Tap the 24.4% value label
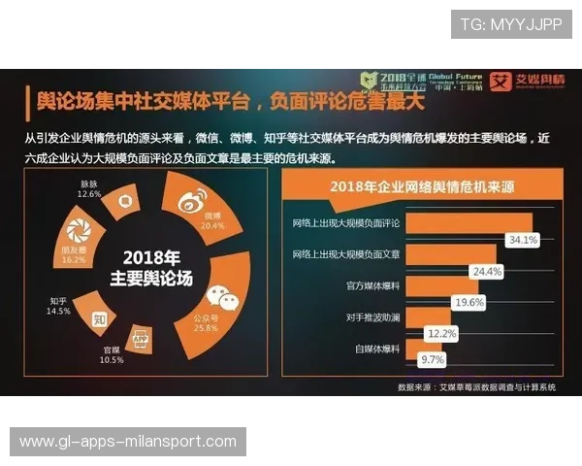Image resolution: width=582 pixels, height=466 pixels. coord(486,271)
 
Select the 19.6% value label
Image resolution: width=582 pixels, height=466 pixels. coord(469,302)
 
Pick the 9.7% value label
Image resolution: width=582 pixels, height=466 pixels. coord(432,359)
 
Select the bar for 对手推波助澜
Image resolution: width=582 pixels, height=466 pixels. coord(412,316)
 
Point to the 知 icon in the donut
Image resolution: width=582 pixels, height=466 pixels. coord(99,317)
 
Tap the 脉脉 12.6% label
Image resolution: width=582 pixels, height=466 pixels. coord(89,188)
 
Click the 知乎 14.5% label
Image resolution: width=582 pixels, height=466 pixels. coord(59,306)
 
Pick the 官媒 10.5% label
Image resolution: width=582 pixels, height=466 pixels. coord(113,355)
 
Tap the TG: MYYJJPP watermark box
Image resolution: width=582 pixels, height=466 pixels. coord(510,24)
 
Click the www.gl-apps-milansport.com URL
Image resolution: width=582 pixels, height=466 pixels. coord(128,442)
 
